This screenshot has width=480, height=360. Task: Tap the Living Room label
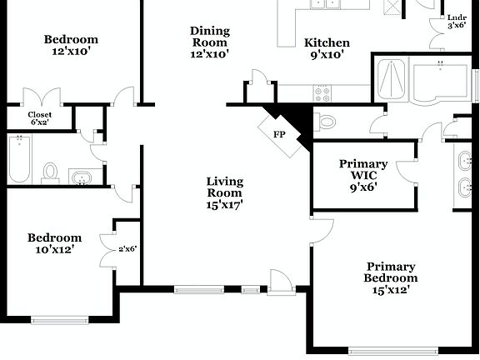point(224,192)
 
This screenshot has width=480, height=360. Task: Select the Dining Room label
point(209,42)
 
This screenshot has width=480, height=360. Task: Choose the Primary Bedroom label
point(391,277)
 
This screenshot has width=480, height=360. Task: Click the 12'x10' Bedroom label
point(71,45)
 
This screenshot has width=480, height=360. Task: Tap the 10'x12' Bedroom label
point(54,242)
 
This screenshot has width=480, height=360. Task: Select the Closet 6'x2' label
point(40,118)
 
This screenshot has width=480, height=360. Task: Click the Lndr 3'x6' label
point(456,21)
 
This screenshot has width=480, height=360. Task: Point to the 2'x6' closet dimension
point(127,248)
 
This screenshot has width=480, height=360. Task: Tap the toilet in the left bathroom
point(51,172)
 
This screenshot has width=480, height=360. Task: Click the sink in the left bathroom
point(81,177)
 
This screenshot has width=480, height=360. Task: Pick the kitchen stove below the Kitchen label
point(322,90)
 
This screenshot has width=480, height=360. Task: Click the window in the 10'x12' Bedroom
point(60,318)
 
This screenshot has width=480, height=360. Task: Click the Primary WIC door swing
point(407,168)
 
